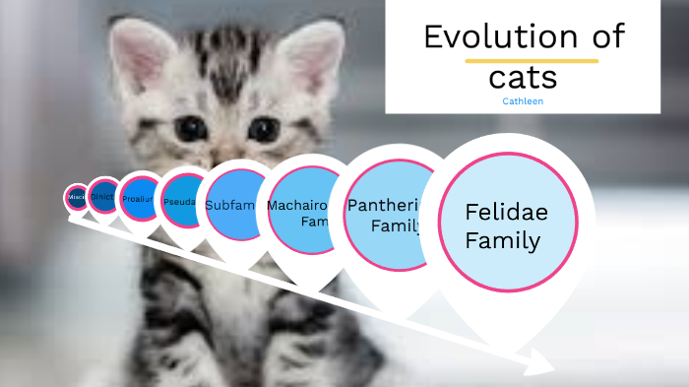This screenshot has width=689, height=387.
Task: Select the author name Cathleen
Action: click(x=522, y=100)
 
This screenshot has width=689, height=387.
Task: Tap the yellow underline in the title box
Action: click(x=532, y=61)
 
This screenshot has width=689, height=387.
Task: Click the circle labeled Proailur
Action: click(x=139, y=198)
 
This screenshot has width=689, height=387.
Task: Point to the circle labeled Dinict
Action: click(x=103, y=197)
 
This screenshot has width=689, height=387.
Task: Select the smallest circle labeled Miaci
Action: click(x=76, y=198)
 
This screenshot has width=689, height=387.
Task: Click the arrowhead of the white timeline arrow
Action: click(x=544, y=368)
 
